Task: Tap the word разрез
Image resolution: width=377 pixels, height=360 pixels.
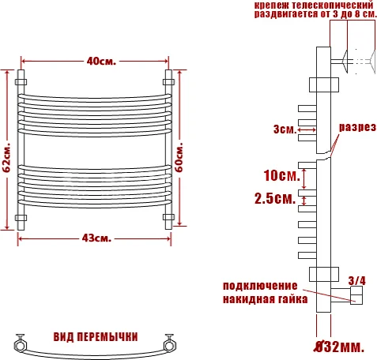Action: (x=357, y=127)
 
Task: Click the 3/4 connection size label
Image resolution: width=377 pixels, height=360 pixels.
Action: (x=356, y=279)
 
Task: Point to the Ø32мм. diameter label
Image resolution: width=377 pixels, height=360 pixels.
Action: (x=339, y=346)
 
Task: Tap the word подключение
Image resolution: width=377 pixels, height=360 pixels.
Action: (x=259, y=285)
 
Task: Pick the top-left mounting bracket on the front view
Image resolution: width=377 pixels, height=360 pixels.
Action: (x=21, y=81)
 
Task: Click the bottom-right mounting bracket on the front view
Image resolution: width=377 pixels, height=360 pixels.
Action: (x=168, y=216)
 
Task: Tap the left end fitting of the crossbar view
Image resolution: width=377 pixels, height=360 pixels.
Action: (x=19, y=344)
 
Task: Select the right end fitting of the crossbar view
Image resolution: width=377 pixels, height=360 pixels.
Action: (x=169, y=343)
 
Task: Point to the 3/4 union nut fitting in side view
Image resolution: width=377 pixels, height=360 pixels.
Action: (x=355, y=296)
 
